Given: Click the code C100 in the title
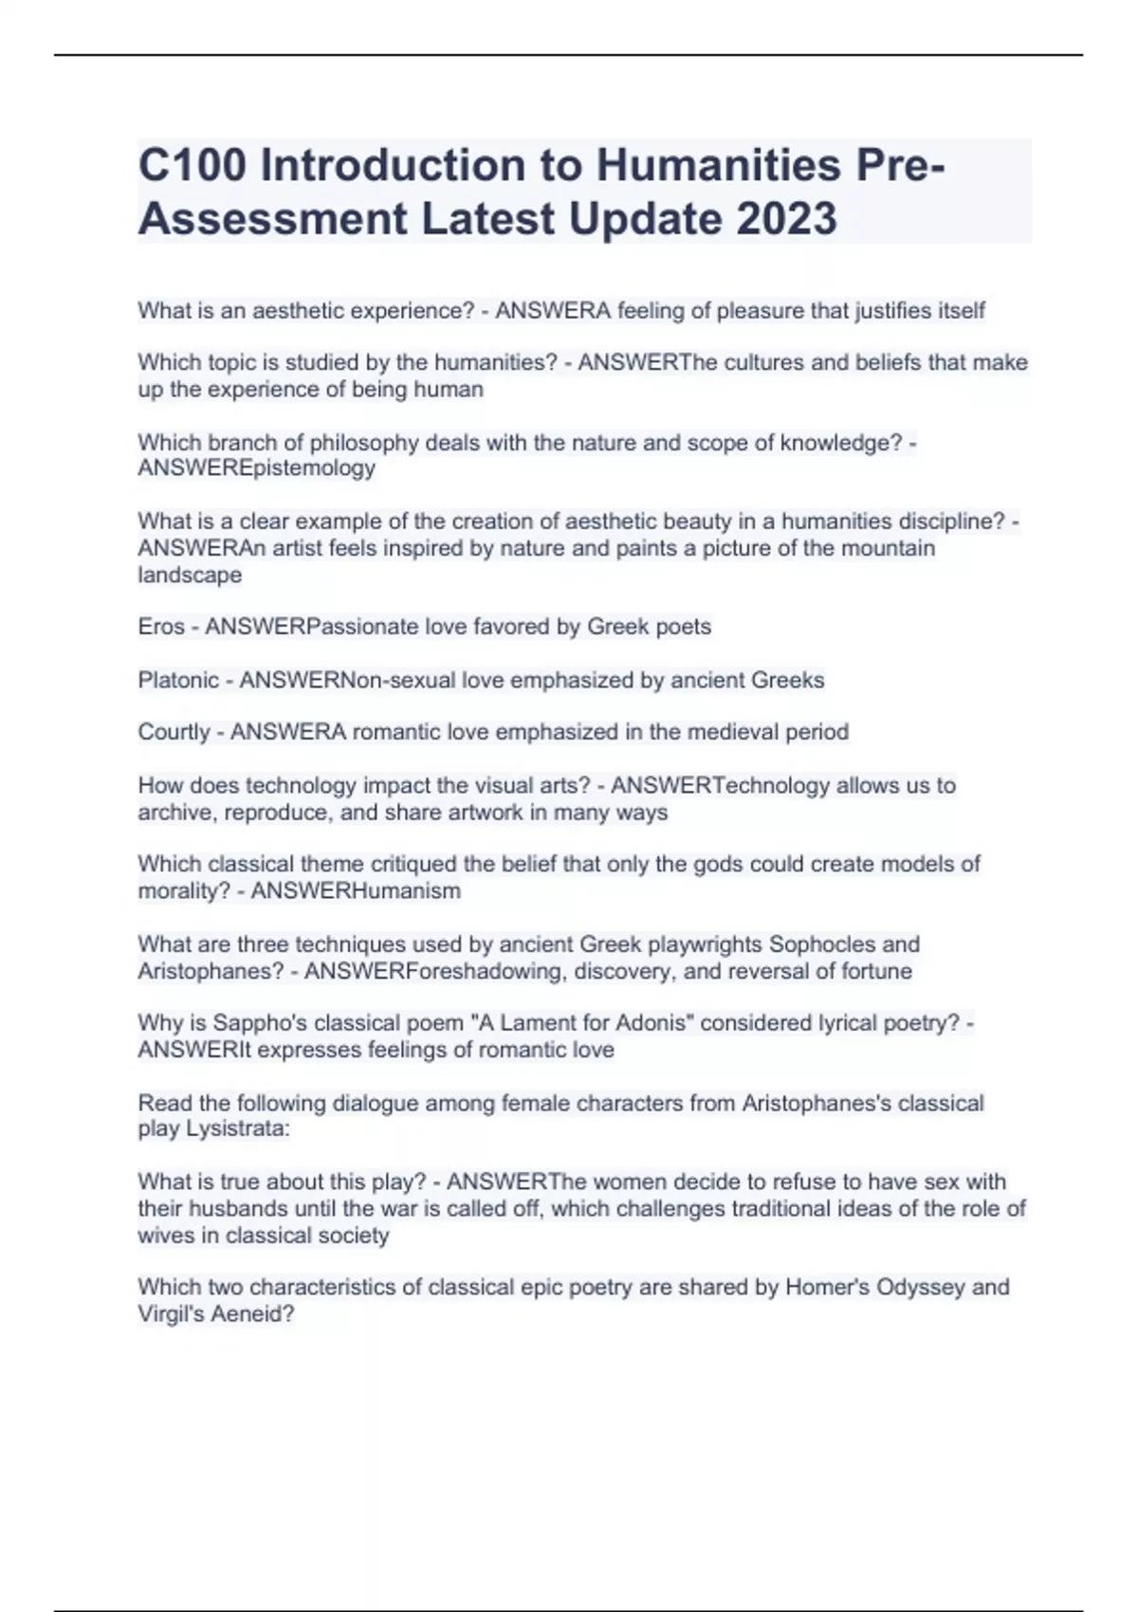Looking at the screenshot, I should click(x=193, y=165).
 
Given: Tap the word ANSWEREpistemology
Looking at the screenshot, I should click(x=256, y=468).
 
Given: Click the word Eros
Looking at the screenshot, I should click(x=161, y=627).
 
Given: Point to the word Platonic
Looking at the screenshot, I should click(x=178, y=680).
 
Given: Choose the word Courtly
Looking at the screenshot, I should click(x=174, y=732).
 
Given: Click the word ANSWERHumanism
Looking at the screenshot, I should click(x=356, y=891).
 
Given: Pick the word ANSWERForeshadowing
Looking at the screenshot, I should click(x=435, y=971).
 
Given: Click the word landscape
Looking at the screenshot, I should click(x=190, y=575).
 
